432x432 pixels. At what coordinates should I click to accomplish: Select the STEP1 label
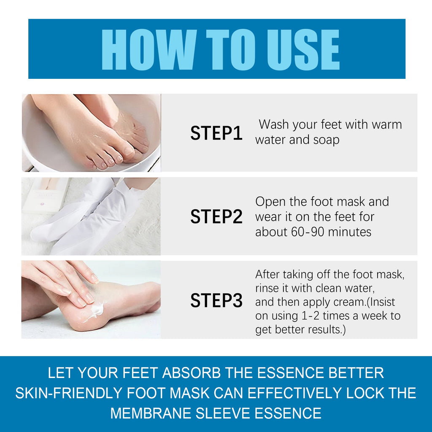point(216,133)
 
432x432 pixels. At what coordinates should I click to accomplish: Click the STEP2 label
point(216,216)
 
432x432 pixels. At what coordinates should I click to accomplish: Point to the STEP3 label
point(216,300)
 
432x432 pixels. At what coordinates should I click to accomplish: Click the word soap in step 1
point(326,140)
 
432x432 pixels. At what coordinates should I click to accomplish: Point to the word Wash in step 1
point(274,124)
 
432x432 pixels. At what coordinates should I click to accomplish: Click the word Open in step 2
point(271,202)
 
